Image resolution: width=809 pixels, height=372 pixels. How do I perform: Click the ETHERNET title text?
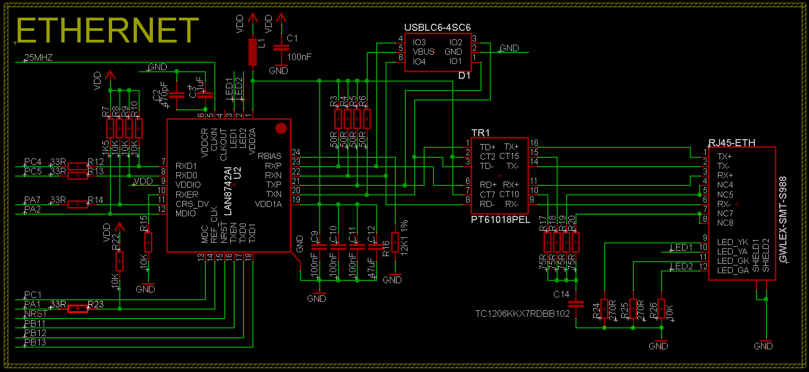click(x=108, y=30)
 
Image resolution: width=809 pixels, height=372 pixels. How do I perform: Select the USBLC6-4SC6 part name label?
click(x=437, y=28)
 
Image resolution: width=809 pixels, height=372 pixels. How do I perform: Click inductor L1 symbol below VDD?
click(x=253, y=52)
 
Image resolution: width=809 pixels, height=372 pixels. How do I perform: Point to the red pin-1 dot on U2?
click(x=281, y=129)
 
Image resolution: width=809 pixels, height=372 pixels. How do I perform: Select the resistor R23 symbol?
click(x=77, y=309)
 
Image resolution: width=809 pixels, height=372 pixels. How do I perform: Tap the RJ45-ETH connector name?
click(x=732, y=142)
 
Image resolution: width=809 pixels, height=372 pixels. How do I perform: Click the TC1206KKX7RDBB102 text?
click(x=522, y=314)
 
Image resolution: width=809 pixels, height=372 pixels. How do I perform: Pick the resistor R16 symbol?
click(x=395, y=242)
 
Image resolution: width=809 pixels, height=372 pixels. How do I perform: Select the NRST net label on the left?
click(x=36, y=313)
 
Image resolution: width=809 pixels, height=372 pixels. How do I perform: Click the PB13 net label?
click(x=35, y=343)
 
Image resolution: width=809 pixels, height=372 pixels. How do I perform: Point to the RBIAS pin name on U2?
click(x=269, y=156)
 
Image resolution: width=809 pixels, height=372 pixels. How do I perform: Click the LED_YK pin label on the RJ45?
click(x=732, y=242)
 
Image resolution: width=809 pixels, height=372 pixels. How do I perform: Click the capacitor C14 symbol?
click(x=576, y=304)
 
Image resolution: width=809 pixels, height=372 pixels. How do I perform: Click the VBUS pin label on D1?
click(x=423, y=52)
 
